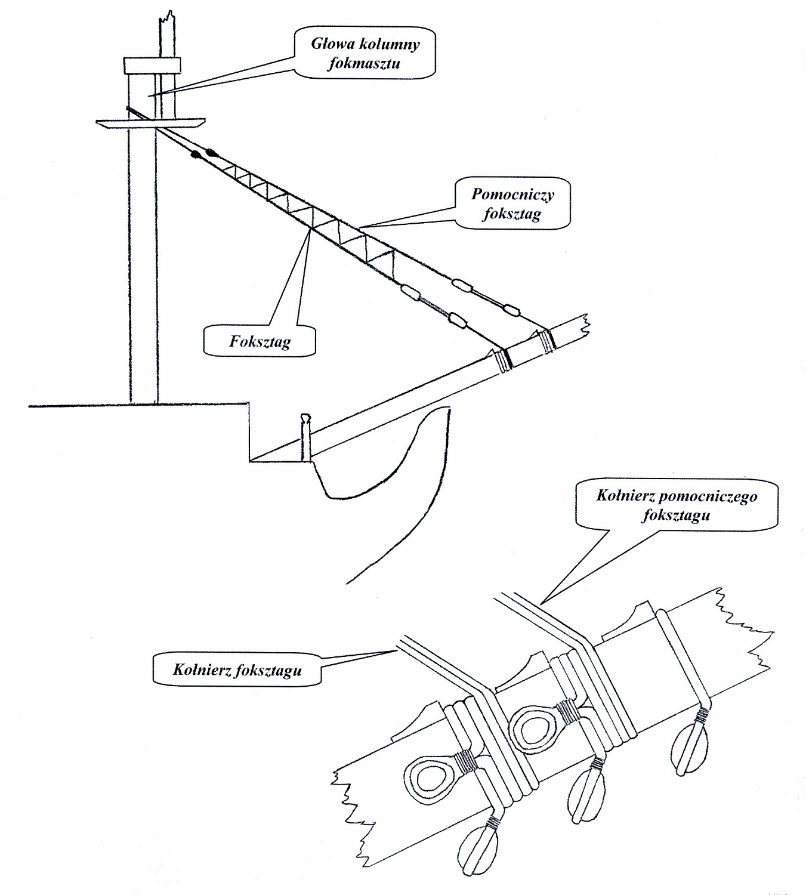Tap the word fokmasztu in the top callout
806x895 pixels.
click(363, 63)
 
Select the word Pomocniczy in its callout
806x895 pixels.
click(512, 194)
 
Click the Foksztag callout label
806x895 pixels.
click(260, 341)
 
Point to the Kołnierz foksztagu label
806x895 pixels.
click(237, 669)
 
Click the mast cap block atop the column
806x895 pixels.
click(152, 64)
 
